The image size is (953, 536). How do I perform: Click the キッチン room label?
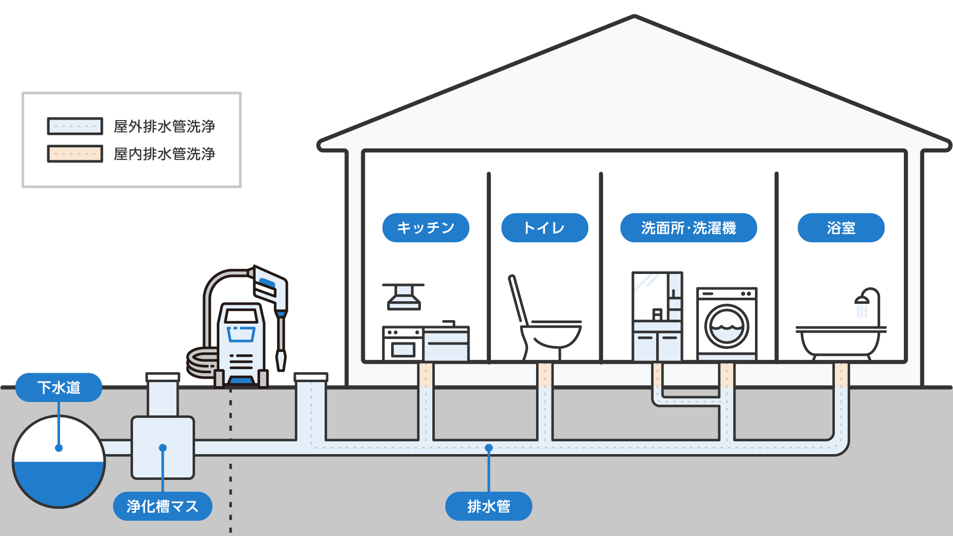(425, 228)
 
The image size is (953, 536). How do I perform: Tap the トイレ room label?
(545, 228)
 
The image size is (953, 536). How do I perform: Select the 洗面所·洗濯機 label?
(688, 228)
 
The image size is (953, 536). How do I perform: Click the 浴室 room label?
(841, 228)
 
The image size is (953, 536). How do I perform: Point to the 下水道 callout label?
(59, 387)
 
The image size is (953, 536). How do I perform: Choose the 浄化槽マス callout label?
(162, 506)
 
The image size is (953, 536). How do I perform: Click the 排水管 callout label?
(488, 506)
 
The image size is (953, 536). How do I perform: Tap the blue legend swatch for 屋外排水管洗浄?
(75, 126)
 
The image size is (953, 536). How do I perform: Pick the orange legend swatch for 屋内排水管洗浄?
(75, 154)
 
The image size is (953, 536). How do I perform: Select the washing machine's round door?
(727, 327)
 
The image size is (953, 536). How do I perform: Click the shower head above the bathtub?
(862, 299)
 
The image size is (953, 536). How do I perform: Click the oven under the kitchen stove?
(403, 349)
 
